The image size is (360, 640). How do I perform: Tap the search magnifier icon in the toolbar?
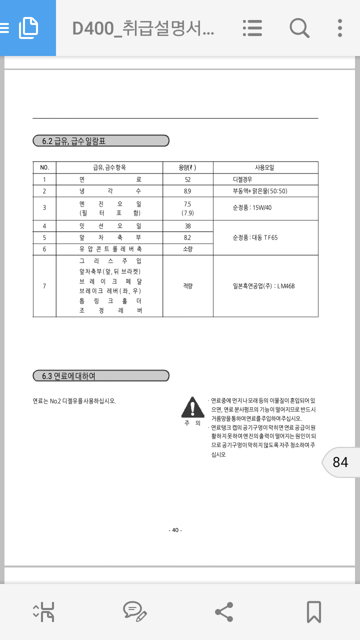pyautogui.click(x=299, y=28)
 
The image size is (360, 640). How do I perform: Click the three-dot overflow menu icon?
pyautogui.click(x=340, y=28)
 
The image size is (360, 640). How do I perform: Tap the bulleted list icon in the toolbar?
pyautogui.click(x=252, y=28)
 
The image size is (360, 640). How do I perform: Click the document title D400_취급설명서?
pyautogui.click(x=143, y=28)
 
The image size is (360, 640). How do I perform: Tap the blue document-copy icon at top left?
pyautogui.click(x=28, y=28)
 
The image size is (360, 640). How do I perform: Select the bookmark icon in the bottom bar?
pyautogui.click(x=313, y=611)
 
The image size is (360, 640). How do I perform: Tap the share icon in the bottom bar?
pyautogui.click(x=224, y=611)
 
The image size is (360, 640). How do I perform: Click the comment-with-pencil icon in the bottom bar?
pyautogui.click(x=134, y=611)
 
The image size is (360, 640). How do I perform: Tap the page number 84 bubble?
pyautogui.click(x=340, y=462)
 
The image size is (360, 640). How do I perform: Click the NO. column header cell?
pyautogui.click(x=44, y=167)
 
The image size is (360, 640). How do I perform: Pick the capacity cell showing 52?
pyautogui.click(x=187, y=179)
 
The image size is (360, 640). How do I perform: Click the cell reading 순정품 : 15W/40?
pyautogui.click(x=252, y=207)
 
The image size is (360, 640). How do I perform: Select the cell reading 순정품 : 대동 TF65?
pyautogui.click(x=255, y=237)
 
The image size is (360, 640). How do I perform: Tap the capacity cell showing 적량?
pyautogui.click(x=187, y=286)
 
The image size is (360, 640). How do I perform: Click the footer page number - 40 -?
pyautogui.click(x=175, y=530)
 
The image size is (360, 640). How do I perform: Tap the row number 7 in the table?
pyautogui.click(x=44, y=286)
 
